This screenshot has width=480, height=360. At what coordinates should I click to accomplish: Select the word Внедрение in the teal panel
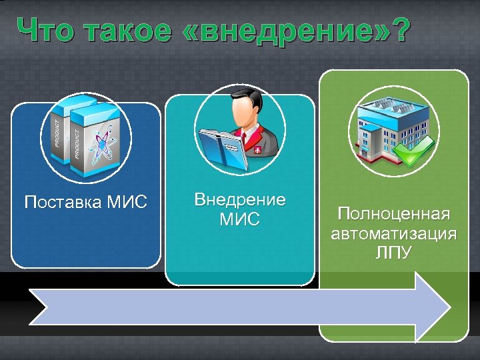click(x=239, y=199)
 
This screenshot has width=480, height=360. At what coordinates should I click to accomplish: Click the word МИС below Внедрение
click(x=239, y=219)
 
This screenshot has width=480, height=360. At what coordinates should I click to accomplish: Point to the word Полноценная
click(x=393, y=214)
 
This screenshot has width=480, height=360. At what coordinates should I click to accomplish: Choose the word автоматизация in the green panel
click(x=393, y=234)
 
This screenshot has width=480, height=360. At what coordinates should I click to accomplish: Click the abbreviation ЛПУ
click(x=393, y=253)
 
